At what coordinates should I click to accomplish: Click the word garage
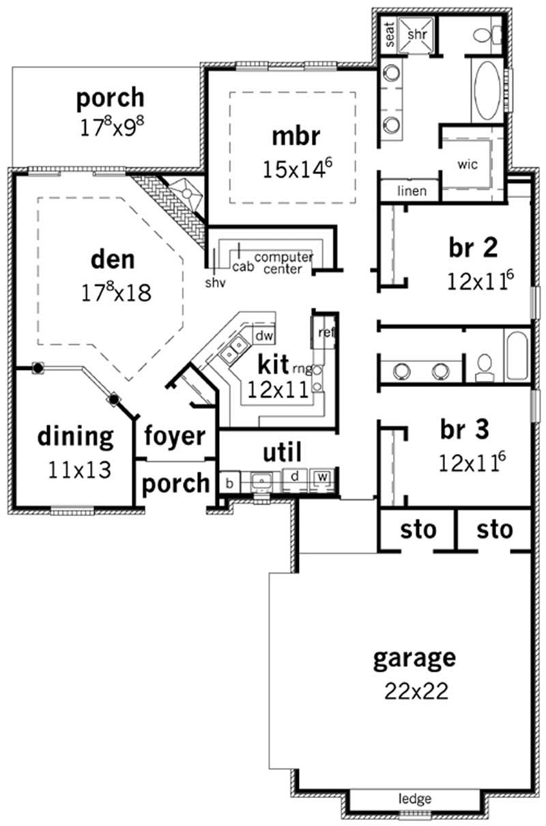click(x=414, y=658)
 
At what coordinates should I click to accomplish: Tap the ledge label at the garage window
click(x=416, y=798)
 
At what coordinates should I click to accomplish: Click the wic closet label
click(x=468, y=165)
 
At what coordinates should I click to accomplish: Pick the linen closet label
click(x=411, y=191)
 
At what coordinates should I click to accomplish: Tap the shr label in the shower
click(x=416, y=33)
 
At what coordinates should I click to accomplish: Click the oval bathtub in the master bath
click(x=486, y=87)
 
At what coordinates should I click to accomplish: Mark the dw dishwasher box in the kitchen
click(x=264, y=335)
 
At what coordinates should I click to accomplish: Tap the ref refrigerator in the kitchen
click(x=326, y=333)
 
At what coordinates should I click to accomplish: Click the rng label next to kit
click(x=302, y=369)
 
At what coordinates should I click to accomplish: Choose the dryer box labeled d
click(x=294, y=476)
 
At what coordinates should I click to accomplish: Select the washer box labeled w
click(x=321, y=476)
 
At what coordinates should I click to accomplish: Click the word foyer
click(x=175, y=436)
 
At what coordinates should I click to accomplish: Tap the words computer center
click(x=283, y=262)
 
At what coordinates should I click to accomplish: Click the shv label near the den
click(x=214, y=281)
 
